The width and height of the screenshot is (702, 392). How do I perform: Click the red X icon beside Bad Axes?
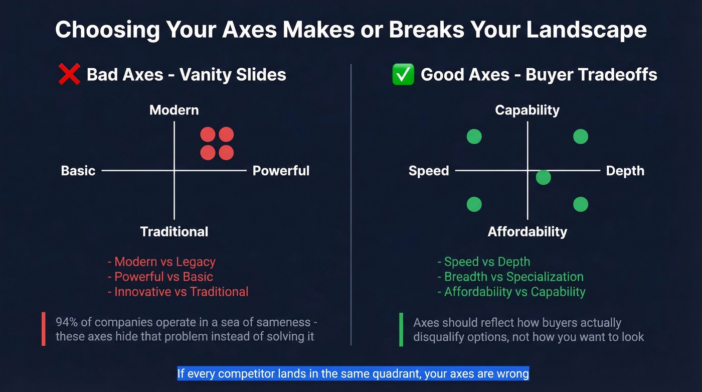coord(69,75)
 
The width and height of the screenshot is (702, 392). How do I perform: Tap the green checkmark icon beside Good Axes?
coord(403,75)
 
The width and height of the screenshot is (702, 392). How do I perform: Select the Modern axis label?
coord(174,110)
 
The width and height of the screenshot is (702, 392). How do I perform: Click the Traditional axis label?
coord(174,231)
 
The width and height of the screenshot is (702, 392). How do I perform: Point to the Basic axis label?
coord(78,171)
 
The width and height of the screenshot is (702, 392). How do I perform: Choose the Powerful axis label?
coord(281,171)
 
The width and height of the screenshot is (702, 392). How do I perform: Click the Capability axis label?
coord(527,110)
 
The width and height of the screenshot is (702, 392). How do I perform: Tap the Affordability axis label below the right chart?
coord(527,231)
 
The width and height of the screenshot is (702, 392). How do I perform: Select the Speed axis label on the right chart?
coord(429,171)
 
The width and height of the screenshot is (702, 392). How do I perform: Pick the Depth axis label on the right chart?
coord(625,171)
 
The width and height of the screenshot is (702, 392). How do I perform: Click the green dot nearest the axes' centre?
coord(543,177)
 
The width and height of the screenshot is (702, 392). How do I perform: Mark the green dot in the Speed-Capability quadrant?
coord(474,137)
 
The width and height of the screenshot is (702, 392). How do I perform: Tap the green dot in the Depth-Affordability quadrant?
coord(580,204)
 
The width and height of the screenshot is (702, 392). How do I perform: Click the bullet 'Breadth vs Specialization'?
coord(513,277)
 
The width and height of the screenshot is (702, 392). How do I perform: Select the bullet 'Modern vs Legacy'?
coord(164,262)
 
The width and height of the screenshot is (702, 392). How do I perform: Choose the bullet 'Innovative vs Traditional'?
coord(181,292)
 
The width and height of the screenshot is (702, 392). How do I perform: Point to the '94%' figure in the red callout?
coord(67,322)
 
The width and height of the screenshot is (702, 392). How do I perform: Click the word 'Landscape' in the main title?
coord(586,30)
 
